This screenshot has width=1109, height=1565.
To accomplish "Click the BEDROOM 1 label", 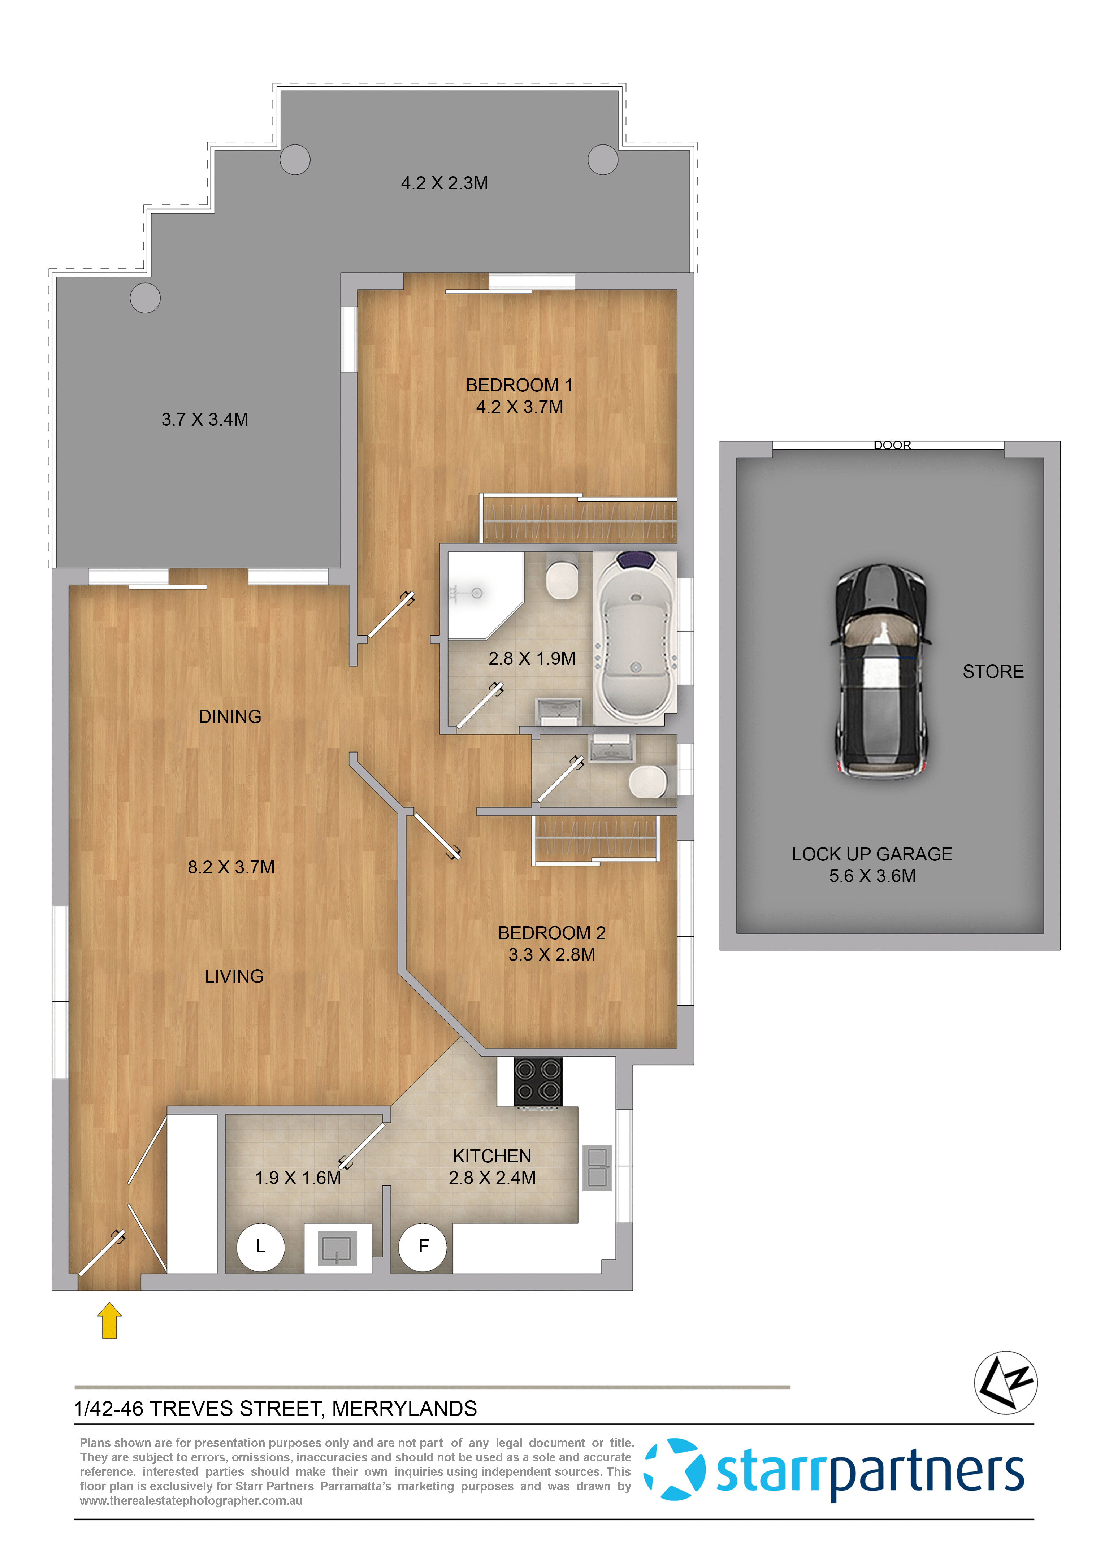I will [519, 385].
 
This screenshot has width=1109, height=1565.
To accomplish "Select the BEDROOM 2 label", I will [552, 933].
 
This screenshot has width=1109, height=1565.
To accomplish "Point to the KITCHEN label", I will [492, 1156].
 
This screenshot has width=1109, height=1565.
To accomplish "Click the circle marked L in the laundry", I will [260, 1247].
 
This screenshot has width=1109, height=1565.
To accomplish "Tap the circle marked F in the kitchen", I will [423, 1247].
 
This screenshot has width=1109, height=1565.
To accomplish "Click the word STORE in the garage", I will [993, 672].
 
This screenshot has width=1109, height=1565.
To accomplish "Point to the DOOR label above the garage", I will [892, 445].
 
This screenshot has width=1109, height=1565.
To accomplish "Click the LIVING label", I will [234, 976].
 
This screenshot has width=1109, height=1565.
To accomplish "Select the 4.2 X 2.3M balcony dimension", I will [444, 183].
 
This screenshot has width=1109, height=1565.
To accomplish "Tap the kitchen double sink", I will [597, 1167].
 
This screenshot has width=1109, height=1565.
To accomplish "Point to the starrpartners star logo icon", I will [675, 1469].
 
